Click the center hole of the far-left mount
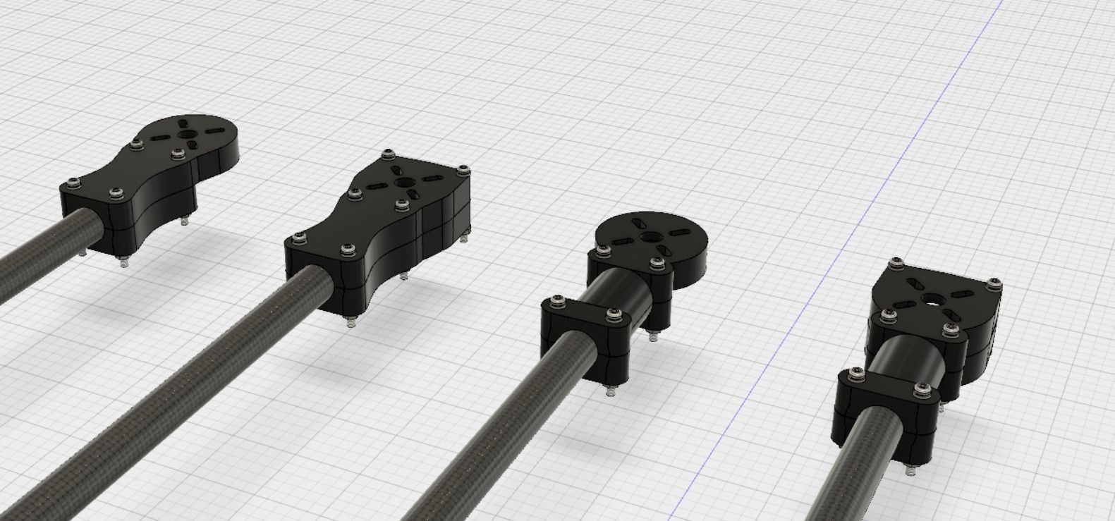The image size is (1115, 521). tap(188, 135)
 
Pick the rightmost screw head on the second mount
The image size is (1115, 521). tap(463, 169)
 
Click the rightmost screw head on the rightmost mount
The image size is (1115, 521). tap(994, 283)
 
